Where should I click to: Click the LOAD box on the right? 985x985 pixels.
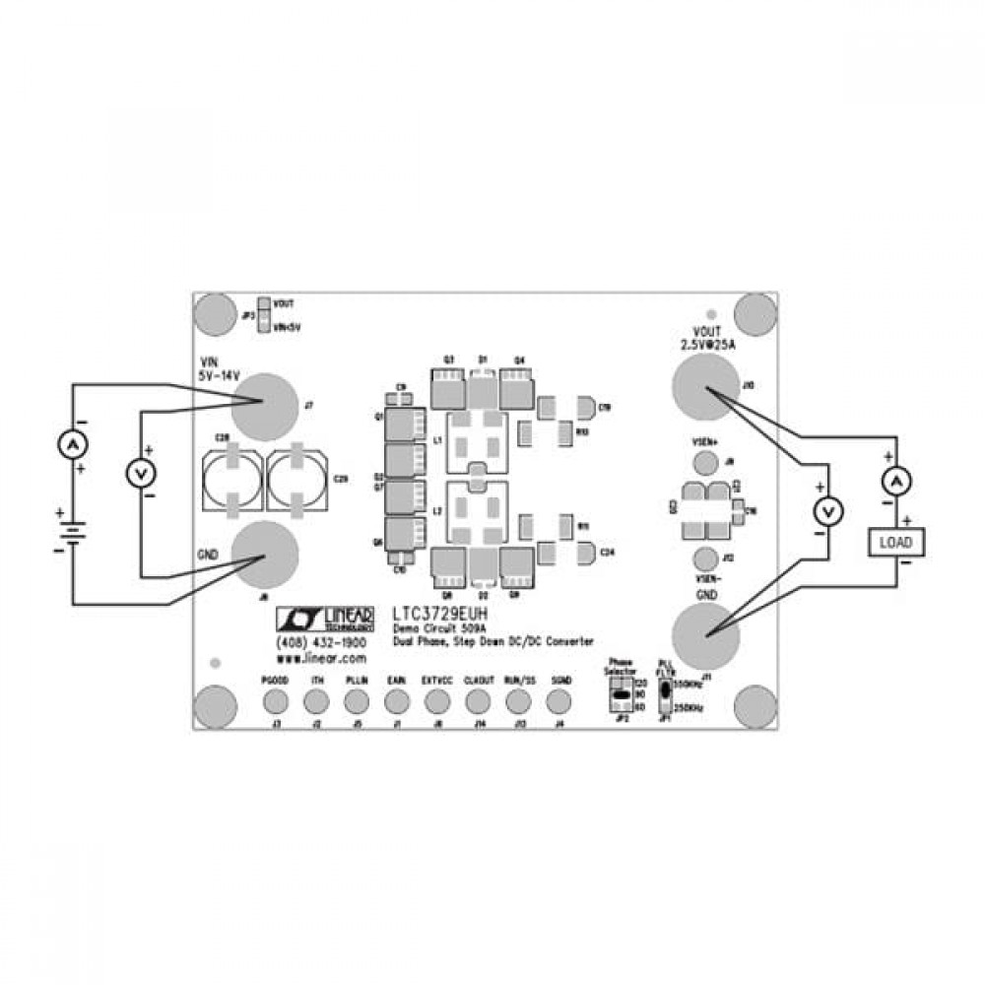(x=895, y=542)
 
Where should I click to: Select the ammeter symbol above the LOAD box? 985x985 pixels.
(x=896, y=482)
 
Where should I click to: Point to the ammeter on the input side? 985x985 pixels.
(x=71, y=447)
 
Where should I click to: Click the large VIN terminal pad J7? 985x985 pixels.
(x=264, y=405)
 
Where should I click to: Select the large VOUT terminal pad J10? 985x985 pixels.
(x=705, y=386)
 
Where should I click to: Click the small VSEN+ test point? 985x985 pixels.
(x=704, y=463)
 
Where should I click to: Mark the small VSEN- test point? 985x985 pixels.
(x=704, y=558)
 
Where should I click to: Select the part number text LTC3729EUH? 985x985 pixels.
(x=439, y=613)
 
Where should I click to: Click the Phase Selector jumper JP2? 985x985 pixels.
(x=621, y=694)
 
